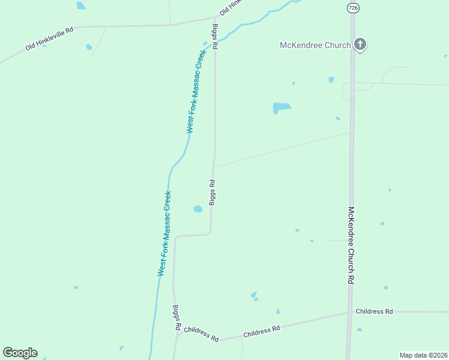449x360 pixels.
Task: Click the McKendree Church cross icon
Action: (360, 44)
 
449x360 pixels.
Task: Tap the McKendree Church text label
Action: (315, 45)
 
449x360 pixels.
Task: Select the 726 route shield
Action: (353, 8)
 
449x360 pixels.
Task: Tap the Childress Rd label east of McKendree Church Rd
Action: (374, 311)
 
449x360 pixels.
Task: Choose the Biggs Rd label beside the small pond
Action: (212, 192)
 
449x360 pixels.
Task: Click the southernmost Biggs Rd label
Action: (177, 317)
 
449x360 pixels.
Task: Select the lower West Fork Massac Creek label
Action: (165, 233)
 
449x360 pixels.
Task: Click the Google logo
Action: (20, 353)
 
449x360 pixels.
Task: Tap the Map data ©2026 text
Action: (423, 355)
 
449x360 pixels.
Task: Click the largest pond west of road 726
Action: (281, 108)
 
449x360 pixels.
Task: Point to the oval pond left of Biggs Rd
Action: (197, 209)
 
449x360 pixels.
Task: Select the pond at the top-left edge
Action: (80, 5)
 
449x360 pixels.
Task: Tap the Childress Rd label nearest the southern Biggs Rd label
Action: (201, 334)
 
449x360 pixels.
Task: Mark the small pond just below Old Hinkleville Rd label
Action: (89, 47)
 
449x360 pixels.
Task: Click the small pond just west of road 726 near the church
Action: (331, 80)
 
